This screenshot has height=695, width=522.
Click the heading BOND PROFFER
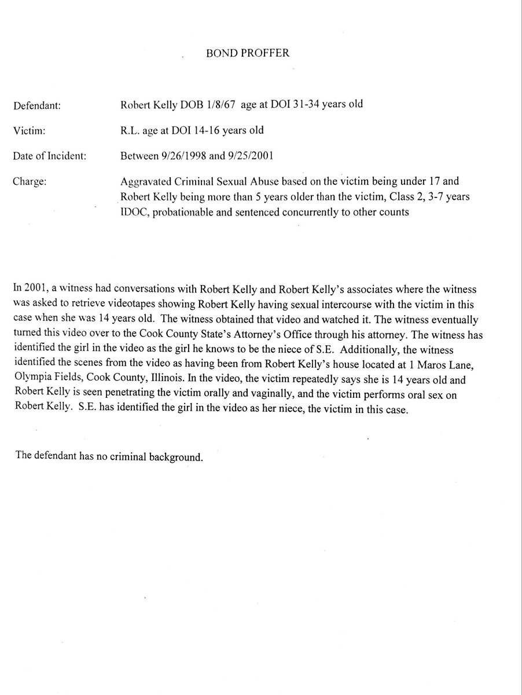click(248, 53)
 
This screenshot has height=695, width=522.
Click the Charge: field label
click(29, 181)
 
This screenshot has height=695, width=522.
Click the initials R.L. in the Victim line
click(128, 130)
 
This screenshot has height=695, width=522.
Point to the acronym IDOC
click(131, 211)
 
